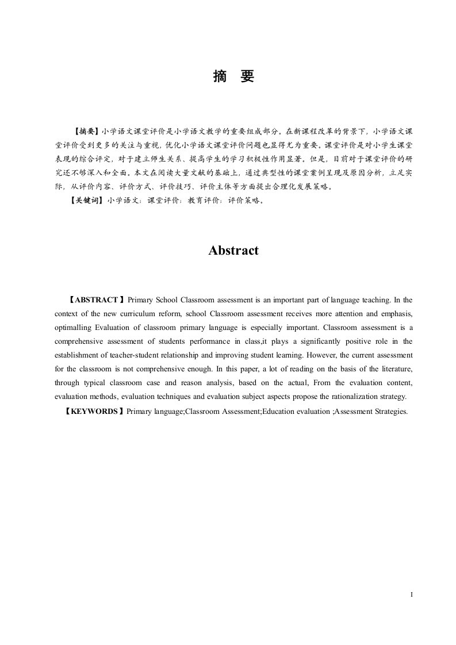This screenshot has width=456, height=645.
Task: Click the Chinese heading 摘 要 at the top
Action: coord(233,76)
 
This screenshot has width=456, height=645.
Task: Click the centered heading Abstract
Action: coord(233,251)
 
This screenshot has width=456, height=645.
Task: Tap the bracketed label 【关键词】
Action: coord(87,201)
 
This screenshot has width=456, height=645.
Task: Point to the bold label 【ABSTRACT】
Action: coord(96,300)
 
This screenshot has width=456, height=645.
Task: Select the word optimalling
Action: coord(72,328)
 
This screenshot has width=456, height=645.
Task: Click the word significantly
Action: coord(326,341)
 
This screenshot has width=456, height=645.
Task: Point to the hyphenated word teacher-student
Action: coord(130,355)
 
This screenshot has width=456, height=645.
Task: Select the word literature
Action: coord(393,369)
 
